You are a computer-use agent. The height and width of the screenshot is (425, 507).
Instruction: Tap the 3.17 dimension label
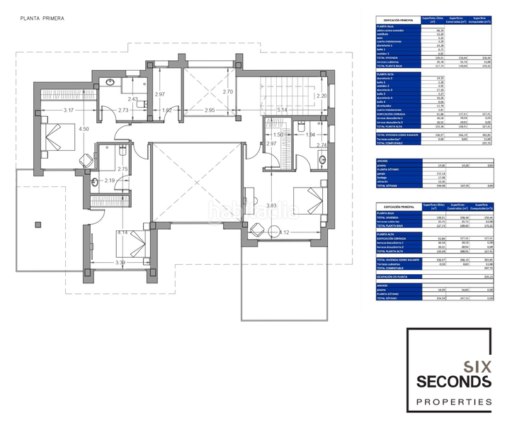pos(68,110)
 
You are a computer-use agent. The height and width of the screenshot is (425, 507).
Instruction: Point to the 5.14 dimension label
pos(282,110)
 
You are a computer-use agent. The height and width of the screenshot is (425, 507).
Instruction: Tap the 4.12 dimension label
pos(284,232)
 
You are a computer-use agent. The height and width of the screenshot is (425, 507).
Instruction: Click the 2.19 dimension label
pos(109,181)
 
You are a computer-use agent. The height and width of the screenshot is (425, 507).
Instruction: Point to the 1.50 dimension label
pos(278,135)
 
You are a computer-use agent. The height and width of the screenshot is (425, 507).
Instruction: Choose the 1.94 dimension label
pos(309,135)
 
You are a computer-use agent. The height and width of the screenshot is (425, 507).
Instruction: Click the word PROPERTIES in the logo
pos(452,402)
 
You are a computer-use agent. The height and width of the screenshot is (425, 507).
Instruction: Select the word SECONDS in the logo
pos(452,382)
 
